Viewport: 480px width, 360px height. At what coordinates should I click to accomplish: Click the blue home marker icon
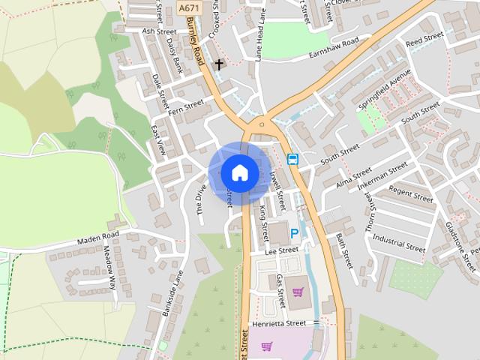coord(239,172)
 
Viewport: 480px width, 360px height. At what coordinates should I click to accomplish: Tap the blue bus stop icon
coord(292,159)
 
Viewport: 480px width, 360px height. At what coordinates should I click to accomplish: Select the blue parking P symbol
coord(295,234)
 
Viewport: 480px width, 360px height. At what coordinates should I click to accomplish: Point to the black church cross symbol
coord(220,64)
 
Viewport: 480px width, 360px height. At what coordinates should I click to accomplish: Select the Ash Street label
coord(159,32)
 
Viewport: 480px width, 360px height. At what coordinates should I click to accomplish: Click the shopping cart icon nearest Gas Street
coord(298,292)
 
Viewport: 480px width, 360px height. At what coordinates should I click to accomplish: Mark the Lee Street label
coord(282,251)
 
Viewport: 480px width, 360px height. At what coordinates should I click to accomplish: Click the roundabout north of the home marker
coord(262,124)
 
